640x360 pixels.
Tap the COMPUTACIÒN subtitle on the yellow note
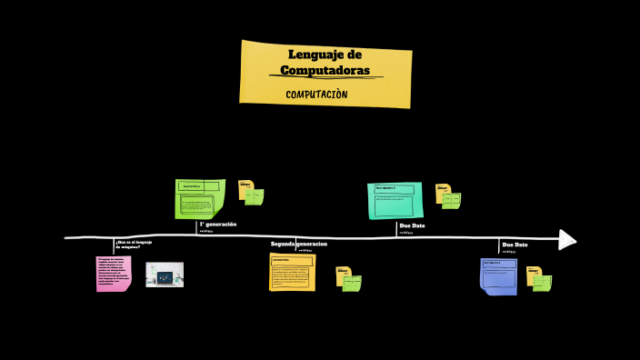pyautogui.click(x=316, y=95)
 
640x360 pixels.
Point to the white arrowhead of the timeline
pyautogui.click(x=567, y=239)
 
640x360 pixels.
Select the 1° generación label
pyautogui.click(x=218, y=224)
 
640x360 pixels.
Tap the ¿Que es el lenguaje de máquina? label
pyautogui.click(x=134, y=244)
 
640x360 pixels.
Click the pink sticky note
pyautogui.click(x=114, y=273)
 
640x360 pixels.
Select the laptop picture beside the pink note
pyautogui.click(x=165, y=275)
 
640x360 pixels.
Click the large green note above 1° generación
pyautogui.click(x=199, y=198)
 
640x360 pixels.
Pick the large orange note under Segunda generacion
pyautogui.click(x=292, y=272)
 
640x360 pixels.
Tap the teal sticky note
pyautogui.click(x=395, y=200)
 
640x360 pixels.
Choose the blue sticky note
pyautogui.click(x=498, y=275)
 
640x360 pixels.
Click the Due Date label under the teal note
pyautogui.click(x=412, y=225)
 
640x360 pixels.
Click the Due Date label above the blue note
pyautogui.click(x=515, y=245)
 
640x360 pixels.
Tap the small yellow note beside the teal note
pyautogui.click(x=442, y=191)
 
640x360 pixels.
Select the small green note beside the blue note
pyautogui.click(x=542, y=283)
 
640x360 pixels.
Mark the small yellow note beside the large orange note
pyautogui.click(x=343, y=274)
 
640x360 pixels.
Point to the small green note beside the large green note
pyautogui.click(x=255, y=196)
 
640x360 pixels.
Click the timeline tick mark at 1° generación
pyautogui.click(x=197, y=229)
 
